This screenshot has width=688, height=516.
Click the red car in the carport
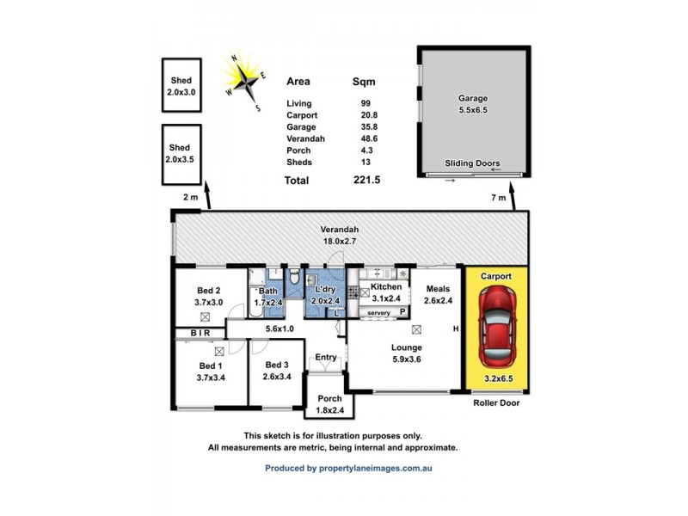pyautogui.click(x=496, y=326)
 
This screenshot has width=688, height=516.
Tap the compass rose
pyautogui.click(x=245, y=81)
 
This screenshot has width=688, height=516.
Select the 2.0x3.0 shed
pyautogui.click(x=181, y=84)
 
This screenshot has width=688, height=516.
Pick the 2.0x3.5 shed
pyautogui.click(x=181, y=155)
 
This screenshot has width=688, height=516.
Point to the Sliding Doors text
pyautogui.click(x=472, y=163)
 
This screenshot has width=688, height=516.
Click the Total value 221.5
pyautogui.click(x=365, y=181)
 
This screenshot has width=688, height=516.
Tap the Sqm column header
pyautogui.click(x=365, y=83)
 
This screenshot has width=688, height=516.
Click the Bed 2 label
pyautogui.click(x=209, y=296)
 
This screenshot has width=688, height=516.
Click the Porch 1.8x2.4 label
pyautogui.click(x=329, y=404)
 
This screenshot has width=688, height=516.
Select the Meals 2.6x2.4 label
pyautogui.click(x=438, y=295)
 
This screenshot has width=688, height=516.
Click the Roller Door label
pyautogui.click(x=496, y=402)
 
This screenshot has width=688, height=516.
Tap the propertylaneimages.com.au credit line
pyautogui.click(x=348, y=469)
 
